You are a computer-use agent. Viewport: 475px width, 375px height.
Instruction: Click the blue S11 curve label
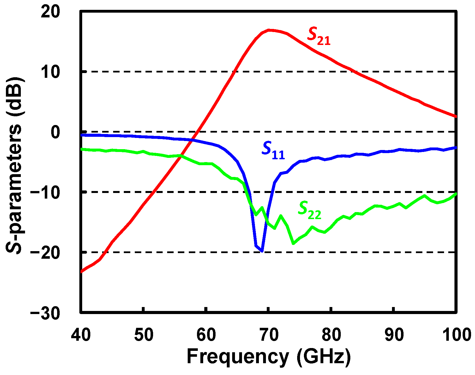(273, 151)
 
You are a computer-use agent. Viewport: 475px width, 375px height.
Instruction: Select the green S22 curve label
(309, 211)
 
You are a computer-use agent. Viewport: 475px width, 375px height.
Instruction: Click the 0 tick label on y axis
(55, 132)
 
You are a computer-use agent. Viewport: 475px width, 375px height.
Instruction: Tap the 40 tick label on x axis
(81, 335)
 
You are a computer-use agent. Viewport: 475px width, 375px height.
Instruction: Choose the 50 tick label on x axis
(144, 335)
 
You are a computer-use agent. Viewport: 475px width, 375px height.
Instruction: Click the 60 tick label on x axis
(206, 335)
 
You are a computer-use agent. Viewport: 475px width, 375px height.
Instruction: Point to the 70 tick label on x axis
(269, 335)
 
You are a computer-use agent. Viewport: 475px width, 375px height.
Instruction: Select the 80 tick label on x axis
(331, 335)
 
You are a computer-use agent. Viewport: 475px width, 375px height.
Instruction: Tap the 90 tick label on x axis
(394, 335)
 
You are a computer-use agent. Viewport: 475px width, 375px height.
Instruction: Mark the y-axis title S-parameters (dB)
(14, 166)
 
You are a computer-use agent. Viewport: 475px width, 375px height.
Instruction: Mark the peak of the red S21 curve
(269, 30)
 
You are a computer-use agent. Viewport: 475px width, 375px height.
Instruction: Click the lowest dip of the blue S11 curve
(262, 251)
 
